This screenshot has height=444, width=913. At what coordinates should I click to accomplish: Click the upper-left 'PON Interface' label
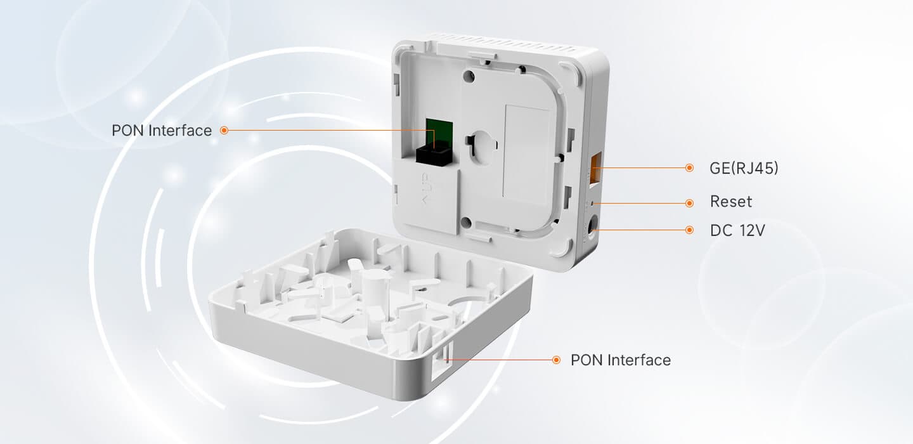point(162,131)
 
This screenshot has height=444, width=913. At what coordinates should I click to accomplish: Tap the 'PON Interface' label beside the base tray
point(620,360)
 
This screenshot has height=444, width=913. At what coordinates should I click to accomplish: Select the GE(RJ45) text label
point(744,168)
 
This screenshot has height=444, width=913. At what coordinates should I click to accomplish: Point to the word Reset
point(731,202)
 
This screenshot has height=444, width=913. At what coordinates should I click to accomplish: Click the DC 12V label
point(737,230)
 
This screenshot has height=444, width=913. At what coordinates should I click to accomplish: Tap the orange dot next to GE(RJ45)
point(689,167)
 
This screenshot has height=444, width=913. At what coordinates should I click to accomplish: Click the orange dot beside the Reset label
point(689,203)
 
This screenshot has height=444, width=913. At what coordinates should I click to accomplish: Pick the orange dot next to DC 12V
point(689,230)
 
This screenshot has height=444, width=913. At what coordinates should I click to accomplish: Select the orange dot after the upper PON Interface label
point(224,131)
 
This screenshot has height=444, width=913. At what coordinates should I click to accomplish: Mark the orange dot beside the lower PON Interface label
point(556,360)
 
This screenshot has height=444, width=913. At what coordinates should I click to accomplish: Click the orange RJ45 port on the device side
point(595,167)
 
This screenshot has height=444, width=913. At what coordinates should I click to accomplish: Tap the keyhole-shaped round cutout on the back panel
point(482,147)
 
